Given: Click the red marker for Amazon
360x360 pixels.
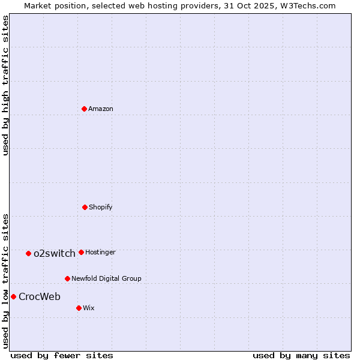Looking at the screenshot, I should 84,109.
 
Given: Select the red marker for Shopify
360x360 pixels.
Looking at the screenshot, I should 85,207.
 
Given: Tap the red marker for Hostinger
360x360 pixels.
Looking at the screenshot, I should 81,252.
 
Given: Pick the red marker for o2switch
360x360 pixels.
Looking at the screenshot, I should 28,253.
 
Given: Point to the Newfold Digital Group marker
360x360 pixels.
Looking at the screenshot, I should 67,278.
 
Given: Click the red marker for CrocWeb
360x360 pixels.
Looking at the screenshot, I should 13,296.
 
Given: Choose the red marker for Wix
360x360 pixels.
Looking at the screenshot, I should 79,308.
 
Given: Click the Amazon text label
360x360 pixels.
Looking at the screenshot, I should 101,109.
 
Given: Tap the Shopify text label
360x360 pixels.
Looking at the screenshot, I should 101,207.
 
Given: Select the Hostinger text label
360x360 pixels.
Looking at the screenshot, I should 100,252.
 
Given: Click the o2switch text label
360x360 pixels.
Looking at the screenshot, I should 55,253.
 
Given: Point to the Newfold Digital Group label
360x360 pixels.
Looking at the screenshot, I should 106,278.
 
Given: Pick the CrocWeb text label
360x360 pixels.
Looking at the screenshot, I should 40,296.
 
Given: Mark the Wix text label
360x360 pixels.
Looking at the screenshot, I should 89,308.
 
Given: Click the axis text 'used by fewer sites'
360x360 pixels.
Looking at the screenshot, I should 62,355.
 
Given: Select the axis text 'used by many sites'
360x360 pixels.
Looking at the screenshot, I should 301,355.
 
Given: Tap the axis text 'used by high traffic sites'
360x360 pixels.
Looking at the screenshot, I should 5,85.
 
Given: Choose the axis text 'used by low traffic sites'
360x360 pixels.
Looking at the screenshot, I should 5,281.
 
